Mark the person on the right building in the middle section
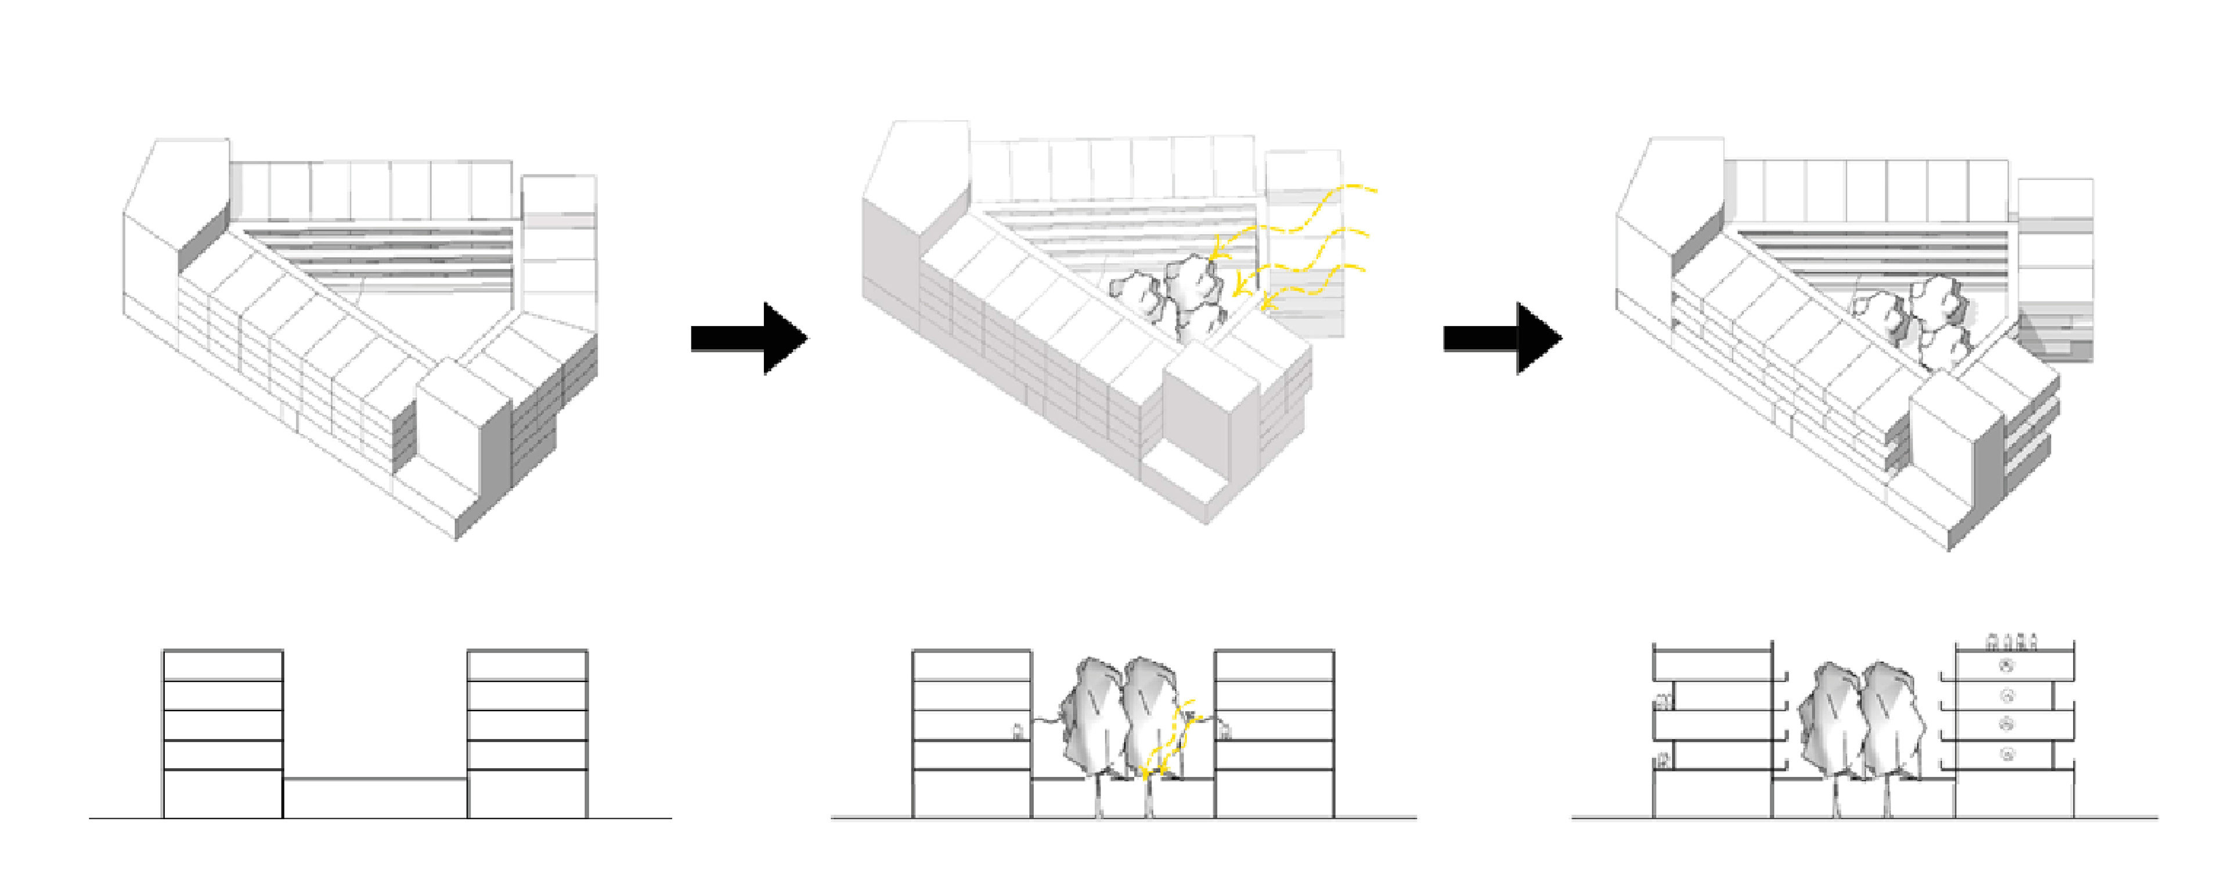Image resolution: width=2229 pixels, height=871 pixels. pyautogui.click(x=1224, y=732)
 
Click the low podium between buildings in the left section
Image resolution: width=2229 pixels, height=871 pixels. pyautogui.click(x=374, y=797)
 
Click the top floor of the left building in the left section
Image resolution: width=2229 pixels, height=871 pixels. pyautogui.click(x=222, y=665)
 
